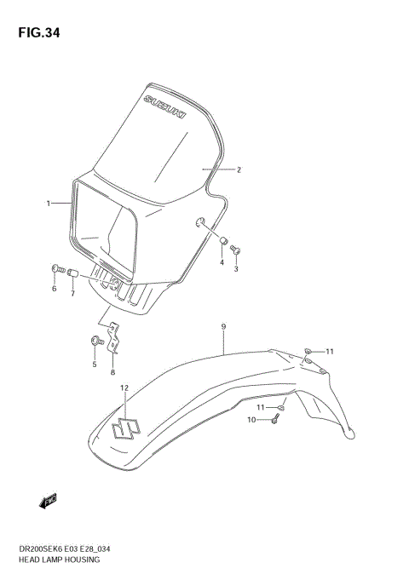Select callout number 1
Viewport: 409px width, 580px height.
(49, 204)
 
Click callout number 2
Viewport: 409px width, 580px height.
(239, 169)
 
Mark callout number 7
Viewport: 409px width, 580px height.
(72, 294)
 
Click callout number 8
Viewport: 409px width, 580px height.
(112, 371)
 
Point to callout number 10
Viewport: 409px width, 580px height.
(251, 419)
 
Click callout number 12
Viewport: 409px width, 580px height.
(124, 388)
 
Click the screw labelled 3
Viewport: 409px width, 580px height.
(237, 250)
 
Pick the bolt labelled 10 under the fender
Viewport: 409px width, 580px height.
(275, 418)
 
